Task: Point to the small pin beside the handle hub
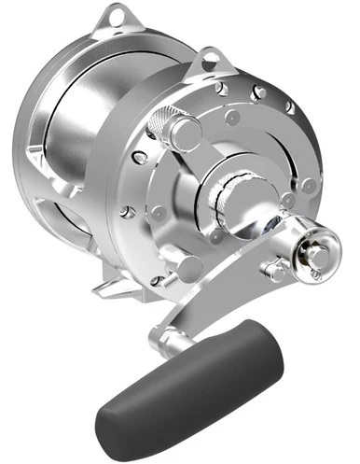[x=276, y=271]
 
